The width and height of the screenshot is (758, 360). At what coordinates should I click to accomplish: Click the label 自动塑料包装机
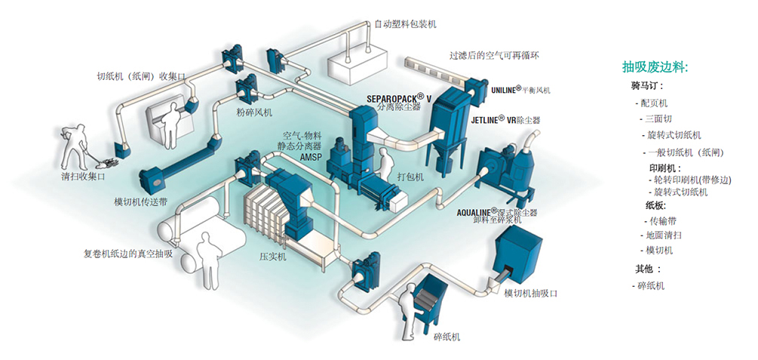click(405, 24)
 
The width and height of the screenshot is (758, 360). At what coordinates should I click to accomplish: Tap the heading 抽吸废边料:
click(655, 67)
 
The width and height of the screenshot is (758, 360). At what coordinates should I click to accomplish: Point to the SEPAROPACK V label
click(399, 98)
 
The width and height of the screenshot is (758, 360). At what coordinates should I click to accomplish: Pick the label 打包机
click(410, 176)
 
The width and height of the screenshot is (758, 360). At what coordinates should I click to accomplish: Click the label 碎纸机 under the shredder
click(447, 337)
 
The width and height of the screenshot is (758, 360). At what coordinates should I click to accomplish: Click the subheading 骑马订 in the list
click(647, 86)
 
